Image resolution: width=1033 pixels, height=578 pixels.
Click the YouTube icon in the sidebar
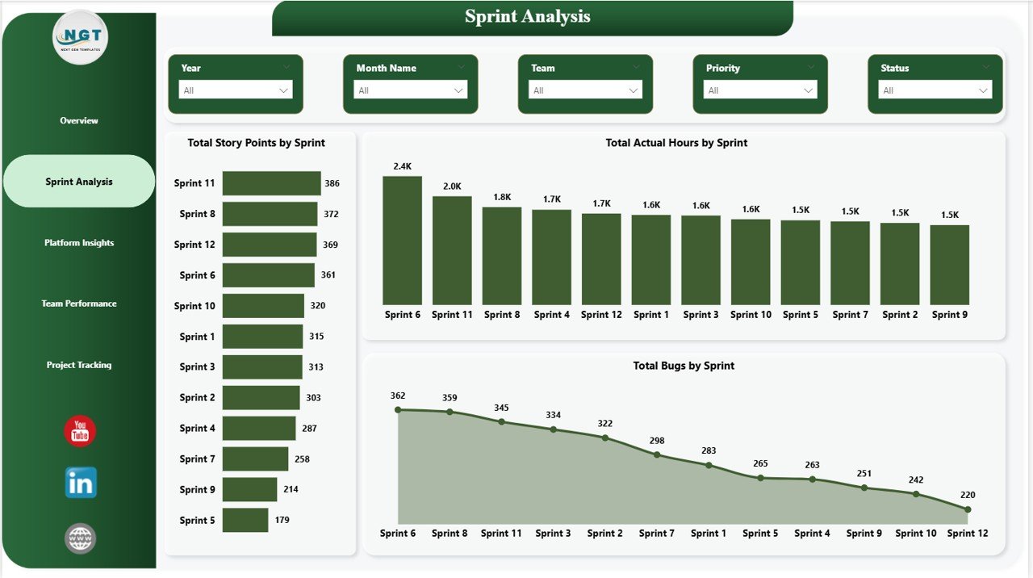[80, 431]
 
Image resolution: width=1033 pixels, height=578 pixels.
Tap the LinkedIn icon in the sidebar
[81, 483]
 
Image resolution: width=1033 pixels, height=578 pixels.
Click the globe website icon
[81, 538]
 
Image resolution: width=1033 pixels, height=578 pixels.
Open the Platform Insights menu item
[79, 243]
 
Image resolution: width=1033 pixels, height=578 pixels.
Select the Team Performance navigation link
[79, 304]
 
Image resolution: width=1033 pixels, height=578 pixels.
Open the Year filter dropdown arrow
[283, 90]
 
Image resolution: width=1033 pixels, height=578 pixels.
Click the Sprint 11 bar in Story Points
[271, 183]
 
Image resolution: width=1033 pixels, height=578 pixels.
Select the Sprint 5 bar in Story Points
[245, 520]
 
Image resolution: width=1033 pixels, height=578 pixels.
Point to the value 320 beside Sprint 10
[317, 306]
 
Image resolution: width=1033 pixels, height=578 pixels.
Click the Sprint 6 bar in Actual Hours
[402, 241]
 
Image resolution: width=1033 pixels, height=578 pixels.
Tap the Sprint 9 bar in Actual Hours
[950, 265]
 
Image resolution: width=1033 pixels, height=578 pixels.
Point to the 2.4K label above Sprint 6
[402, 166]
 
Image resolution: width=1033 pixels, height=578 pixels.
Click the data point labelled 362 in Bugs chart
[398, 410]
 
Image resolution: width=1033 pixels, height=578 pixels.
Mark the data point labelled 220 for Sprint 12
[968, 509]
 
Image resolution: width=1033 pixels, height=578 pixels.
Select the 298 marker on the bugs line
[657, 454]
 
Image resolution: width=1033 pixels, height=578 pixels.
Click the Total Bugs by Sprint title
[684, 366]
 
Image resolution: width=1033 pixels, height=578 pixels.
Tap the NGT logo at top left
[80, 37]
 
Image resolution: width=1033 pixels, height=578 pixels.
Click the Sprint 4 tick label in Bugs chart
[812, 534]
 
